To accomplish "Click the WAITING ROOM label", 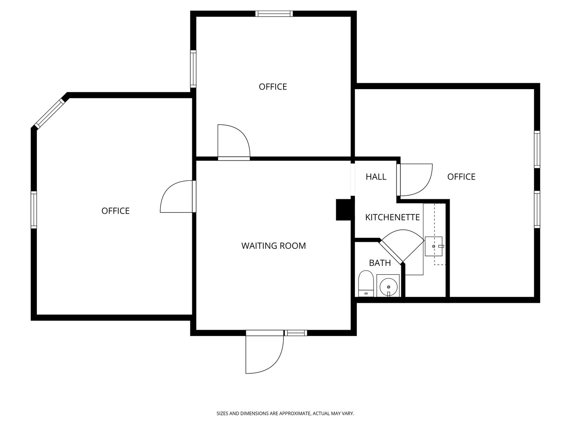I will coord(274,246).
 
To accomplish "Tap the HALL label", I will coord(376,177).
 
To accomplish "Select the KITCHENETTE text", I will coord(392,217).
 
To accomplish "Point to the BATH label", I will coord(380,263).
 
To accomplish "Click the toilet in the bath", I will coord(365,283).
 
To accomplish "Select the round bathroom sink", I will coord(388,286).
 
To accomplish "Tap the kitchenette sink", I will coord(434,246).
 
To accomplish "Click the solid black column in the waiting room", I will coord(343,210).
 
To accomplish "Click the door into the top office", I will coord(233,142).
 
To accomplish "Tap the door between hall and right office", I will coord(416,180).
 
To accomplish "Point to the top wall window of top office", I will coord(274,14).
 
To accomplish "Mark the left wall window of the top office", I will coord(193,69).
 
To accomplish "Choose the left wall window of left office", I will coord(34,210).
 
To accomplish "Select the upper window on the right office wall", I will coord(537,150).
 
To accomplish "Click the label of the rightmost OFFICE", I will coord(461,177).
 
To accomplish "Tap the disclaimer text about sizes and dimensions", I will coord(285,413).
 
